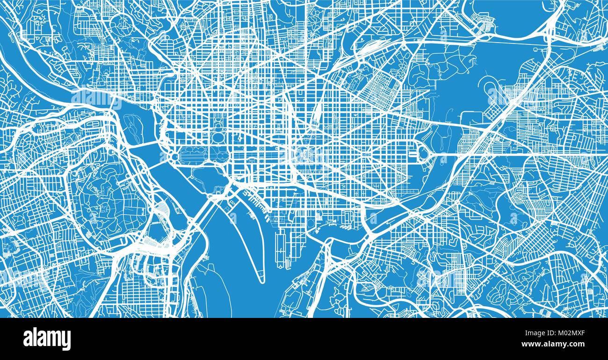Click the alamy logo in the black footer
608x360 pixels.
pyautogui.click(x=47, y=338)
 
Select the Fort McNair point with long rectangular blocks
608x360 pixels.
pyautogui.click(x=281, y=248)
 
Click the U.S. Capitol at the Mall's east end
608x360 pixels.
pyautogui.click(x=304, y=154)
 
